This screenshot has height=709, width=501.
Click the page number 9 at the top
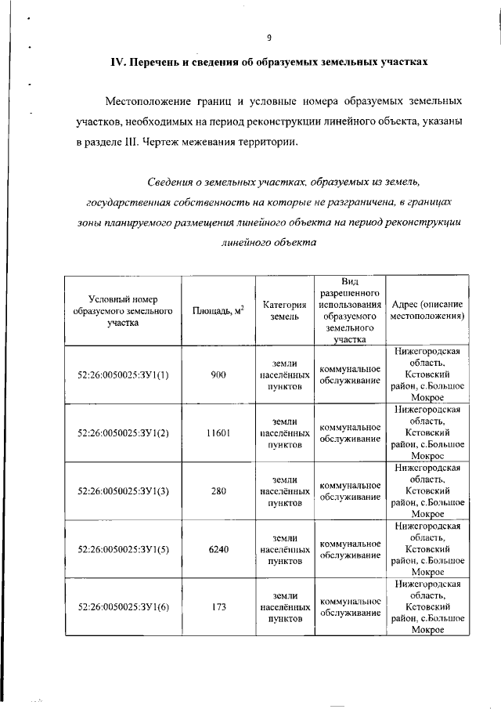click(268, 37)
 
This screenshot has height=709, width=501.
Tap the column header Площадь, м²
click(218, 311)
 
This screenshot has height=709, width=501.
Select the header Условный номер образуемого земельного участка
click(122, 310)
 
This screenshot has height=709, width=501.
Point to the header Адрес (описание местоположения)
click(427, 309)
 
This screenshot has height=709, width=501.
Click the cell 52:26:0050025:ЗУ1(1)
click(123, 374)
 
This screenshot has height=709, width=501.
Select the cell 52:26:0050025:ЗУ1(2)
click(123, 432)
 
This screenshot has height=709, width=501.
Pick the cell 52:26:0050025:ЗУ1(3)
click(123, 490)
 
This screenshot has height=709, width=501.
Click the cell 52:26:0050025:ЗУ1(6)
click(123, 606)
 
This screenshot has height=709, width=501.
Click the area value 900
click(218, 374)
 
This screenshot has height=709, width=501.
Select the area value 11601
click(218, 432)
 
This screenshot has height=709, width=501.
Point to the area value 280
click(218, 490)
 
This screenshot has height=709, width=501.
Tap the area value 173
click(218, 606)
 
